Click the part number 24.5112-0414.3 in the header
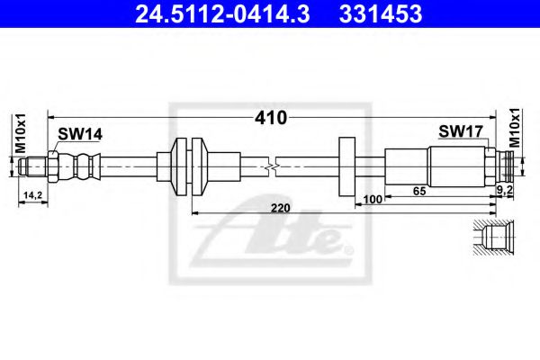click(x=222, y=14)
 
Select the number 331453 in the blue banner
click(x=381, y=14)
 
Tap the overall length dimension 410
click(x=271, y=118)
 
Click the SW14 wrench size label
click(x=80, y=134)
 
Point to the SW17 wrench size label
click(x=461, y=130)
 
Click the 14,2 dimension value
click(x=32, y=195)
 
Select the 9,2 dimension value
click(x=505, y=189)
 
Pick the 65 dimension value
click(x=419, y=191)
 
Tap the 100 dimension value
click(x=373, y=200)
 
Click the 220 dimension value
click(x=280, y=208)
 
